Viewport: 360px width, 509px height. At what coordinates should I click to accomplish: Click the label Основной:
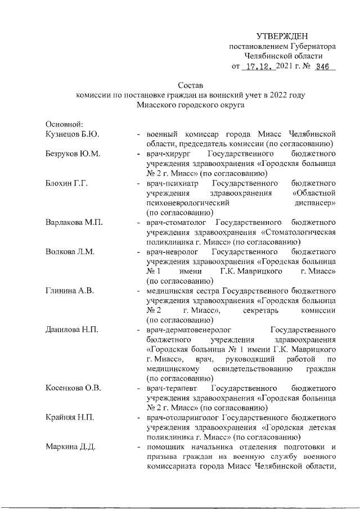65,124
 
